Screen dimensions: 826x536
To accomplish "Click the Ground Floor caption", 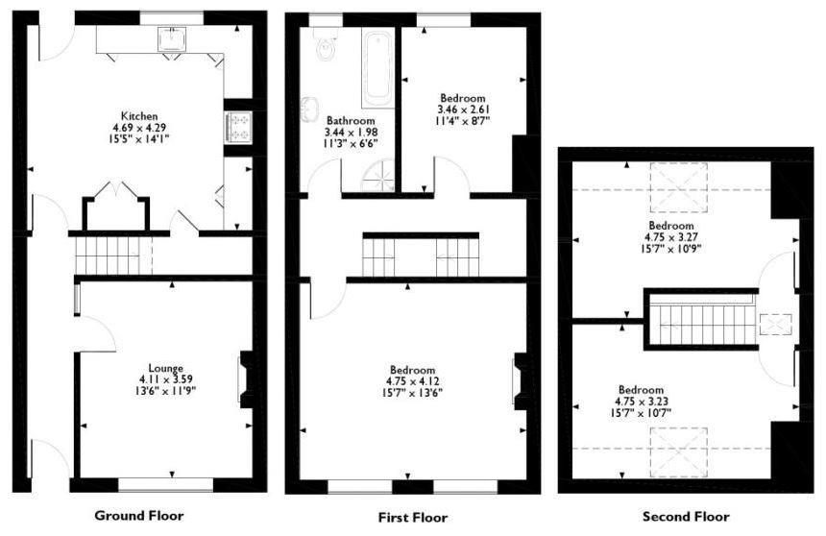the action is coord(139,516).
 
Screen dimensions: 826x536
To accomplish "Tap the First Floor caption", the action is coord(413,518).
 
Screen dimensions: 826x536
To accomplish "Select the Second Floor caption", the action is coord(686,517).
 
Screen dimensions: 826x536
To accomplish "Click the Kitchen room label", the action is coord(139,116).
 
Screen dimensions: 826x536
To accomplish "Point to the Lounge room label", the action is coord(165,369).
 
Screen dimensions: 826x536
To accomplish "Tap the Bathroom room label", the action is coord(351,121).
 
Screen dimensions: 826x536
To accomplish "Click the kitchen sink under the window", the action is coord(172,38).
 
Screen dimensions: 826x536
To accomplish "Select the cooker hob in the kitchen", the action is coord(238,128).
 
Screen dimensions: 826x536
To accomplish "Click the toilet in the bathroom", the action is coord(325,43).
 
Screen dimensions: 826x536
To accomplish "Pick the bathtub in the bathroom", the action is coord(377,67).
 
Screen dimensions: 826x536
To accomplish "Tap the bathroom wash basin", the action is coord(309,107).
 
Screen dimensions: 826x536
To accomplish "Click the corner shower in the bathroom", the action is coord(377,176).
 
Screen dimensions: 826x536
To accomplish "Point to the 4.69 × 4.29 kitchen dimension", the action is coord(139,128).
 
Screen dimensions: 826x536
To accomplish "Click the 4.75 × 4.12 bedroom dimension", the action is coord(412,381).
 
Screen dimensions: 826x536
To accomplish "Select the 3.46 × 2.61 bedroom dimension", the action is coord(463,110).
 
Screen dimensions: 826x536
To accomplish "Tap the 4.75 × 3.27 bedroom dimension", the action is coord(671,237).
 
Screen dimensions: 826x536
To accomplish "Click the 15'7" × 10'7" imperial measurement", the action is coord(640,413).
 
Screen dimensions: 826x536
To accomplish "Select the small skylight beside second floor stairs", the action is coord(775,324).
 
